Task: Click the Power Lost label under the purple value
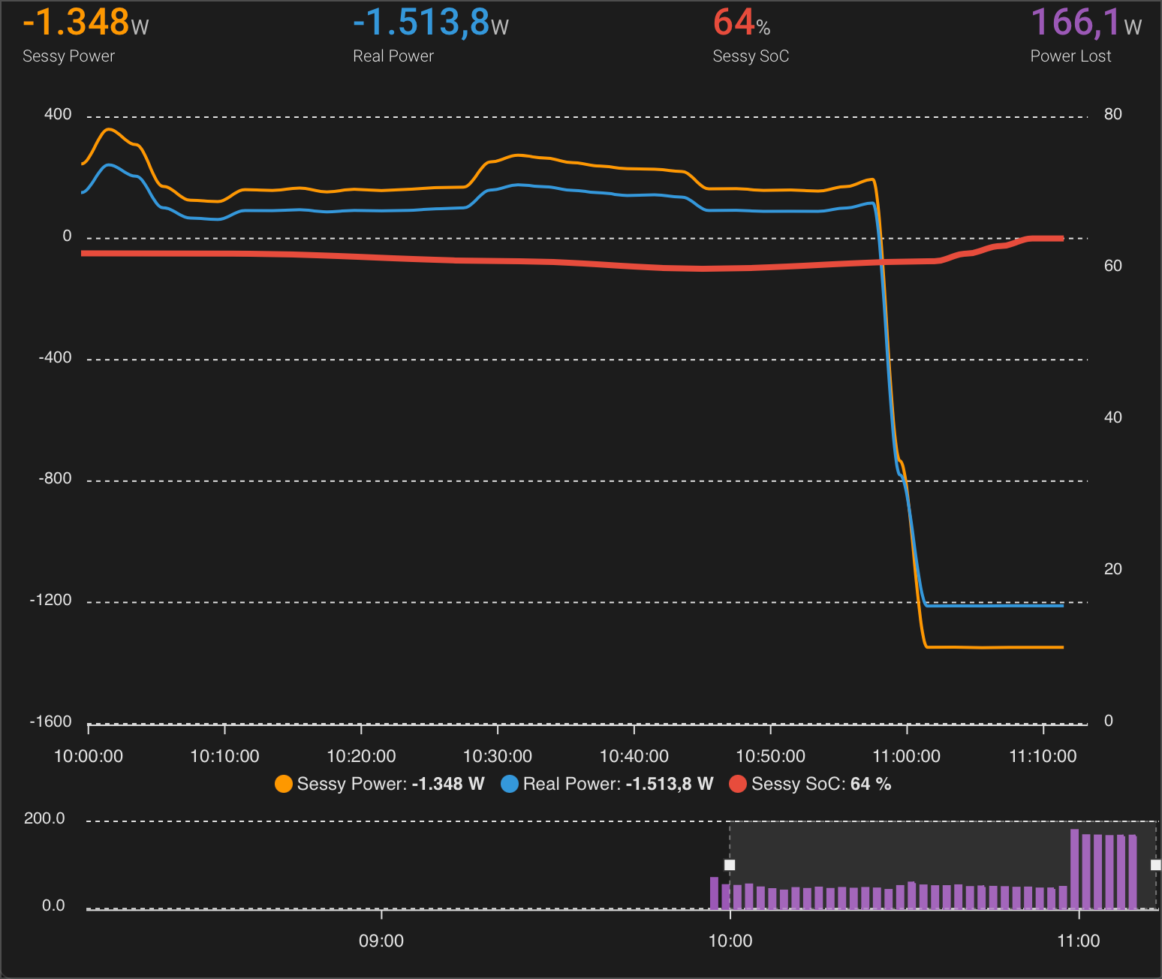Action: coord(1070,56)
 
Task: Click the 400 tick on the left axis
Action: coord(58,114)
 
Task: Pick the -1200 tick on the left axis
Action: coord(51,600)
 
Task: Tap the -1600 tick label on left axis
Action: coord(51,721)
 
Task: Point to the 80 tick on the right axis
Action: coord(1112,114)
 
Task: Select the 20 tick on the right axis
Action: coord(1112,569)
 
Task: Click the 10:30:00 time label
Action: coord(498,756)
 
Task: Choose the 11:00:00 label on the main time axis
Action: coord(906,756)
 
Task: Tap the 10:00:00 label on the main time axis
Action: coord(89,756)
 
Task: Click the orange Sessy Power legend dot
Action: coord(284,784)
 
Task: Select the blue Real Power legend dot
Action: coord(510,784)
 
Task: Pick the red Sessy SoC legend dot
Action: coord(738,784)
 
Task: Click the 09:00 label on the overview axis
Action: coord(381,941)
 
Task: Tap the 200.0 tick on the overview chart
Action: coord(44,818)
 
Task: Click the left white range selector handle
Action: coord(730,865)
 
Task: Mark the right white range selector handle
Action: coord(1155,865)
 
